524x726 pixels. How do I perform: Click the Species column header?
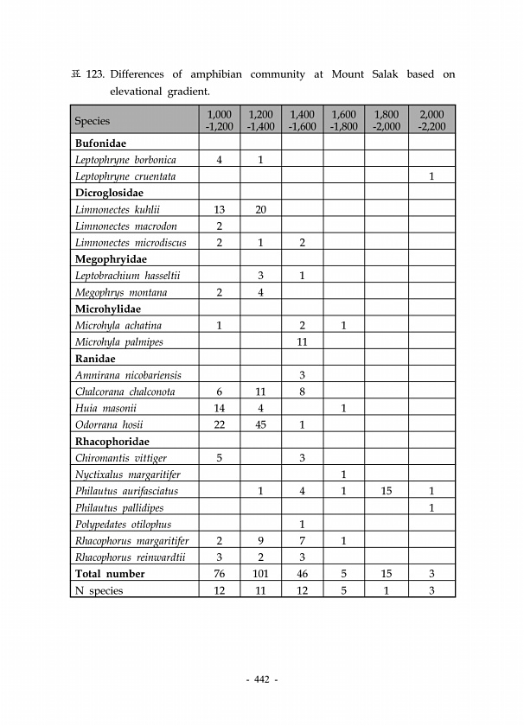(x=93, y=121)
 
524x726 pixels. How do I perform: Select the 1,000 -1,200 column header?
(x=219, y=120)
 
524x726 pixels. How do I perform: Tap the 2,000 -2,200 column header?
(x=431, y=120)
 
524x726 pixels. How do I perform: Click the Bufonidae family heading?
(x=101, y=143)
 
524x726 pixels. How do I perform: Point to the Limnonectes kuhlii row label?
(x=118, y=209)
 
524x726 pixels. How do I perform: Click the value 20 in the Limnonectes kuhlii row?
(x=260, y=209)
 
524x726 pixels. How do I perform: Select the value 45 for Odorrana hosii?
(x=260, y=424)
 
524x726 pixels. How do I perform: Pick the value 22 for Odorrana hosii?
(x=219, y=424)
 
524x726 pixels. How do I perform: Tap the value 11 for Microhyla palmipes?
(x=302, y=341)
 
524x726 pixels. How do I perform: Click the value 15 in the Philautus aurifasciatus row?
(x=386, y=491)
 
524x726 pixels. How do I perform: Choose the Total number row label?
(x=110, y=574)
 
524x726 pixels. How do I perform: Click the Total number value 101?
(x=260, y=574)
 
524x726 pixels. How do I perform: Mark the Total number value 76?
(x=219, y=574)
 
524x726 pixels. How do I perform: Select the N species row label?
(x=99, y=590)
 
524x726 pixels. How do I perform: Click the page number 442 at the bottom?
(x=260, y=680)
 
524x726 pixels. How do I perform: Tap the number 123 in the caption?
(x=93, y=74)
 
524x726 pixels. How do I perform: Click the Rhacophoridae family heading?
(x=112, y=441)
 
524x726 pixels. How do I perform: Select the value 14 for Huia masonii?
(x=219, y=408)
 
